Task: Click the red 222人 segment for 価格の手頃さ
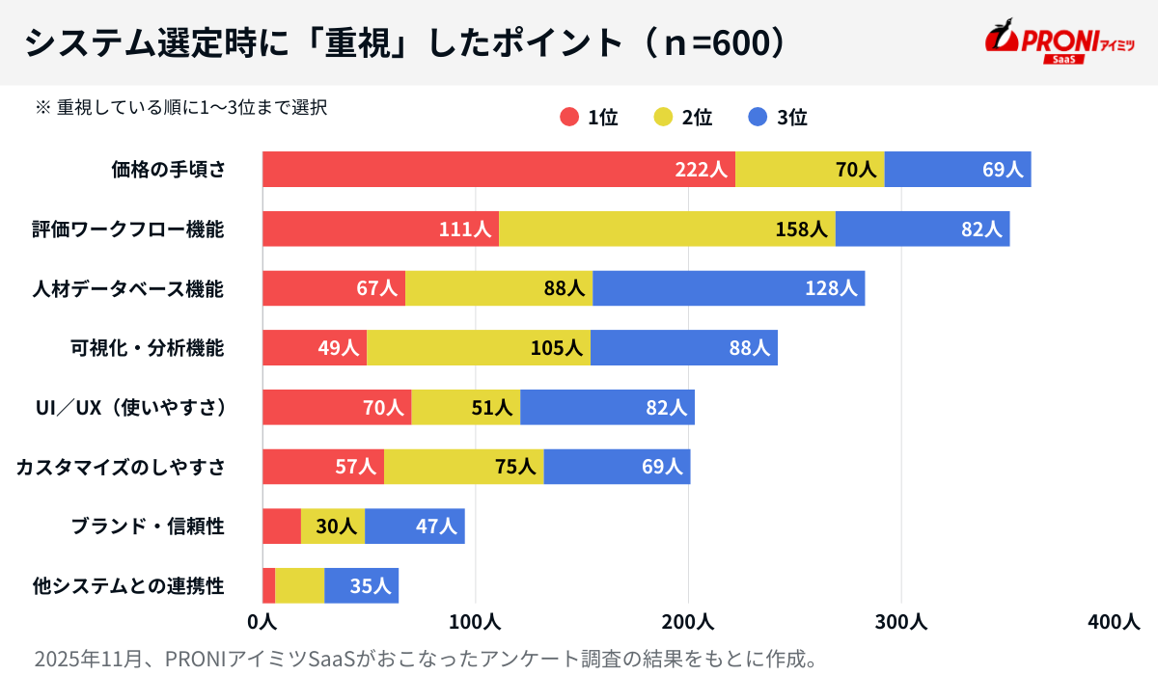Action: coord(498,170)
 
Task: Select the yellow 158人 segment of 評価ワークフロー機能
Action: coord(666,229)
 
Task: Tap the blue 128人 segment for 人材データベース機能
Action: coord(729,288)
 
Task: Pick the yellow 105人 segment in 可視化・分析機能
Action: coord(478,348)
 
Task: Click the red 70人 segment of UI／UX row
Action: coord(336,408)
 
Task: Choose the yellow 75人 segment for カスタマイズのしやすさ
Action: coord(463,467)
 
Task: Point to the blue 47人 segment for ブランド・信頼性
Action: coord(414,526)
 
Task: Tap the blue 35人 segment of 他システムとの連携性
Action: coord(361,585)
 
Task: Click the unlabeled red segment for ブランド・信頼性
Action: coord(281,526)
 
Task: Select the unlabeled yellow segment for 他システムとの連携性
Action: coord(299,585)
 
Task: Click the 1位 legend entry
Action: coord(589,118)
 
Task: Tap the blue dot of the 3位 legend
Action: coord(758,118)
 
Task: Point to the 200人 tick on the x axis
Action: coord(688,622)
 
